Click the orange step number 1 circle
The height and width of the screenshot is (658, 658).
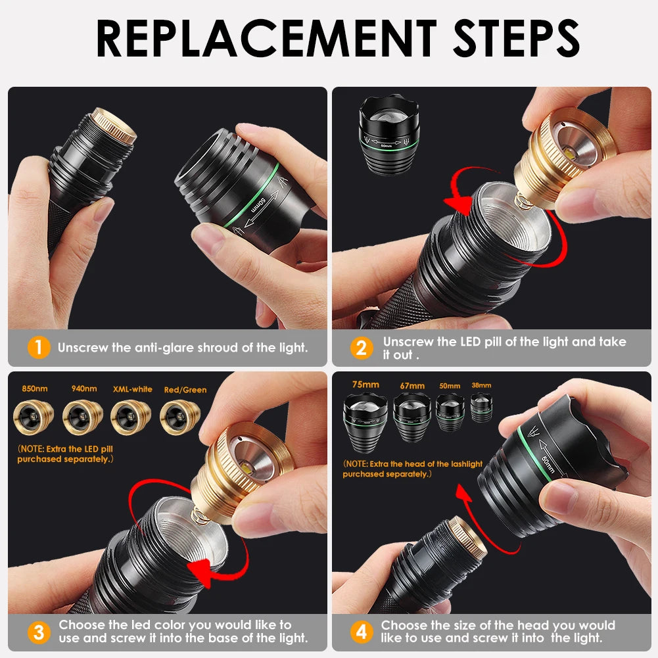pyautogui.click(x=39, y=348)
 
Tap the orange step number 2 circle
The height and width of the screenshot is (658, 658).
pyautogui.click(x=362, y=348)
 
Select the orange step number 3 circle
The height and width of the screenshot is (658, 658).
pyautogui.click(x=39, y=632)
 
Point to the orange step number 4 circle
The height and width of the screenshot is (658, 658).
pyautogui.click(x=362, y=632)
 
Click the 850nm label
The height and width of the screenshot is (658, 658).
pyautogui.click(x=35, y=388)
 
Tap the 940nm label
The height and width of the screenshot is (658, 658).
pyautogui.click(x=84, y=388)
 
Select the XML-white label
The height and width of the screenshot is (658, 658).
pyautogui.click(x=133, y=389)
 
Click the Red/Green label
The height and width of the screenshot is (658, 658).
pyautogui.click(x=185, y=390)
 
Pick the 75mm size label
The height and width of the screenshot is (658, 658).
pyautogui.click(x=365, y=385)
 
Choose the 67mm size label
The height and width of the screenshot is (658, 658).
pyautogui.click(x=412, y=386)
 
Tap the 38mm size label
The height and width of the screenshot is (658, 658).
pyautogui.click(x=481, y=385)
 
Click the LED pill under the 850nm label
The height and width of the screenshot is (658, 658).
pyautogui.click(x=34, y=417)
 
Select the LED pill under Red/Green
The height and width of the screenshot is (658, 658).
pyautogui.click(x=180, y=417)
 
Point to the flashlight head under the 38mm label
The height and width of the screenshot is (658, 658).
pyautogui.click(x=481, y=408)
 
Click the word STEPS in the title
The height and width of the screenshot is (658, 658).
pyautogui.click(x=516, y=38)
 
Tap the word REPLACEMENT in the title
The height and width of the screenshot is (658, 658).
pyautogui.click(x=266, y=38)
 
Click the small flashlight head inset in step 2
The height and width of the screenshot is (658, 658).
pyautogui.click(x=389, y=134)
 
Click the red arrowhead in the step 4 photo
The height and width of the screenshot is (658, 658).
pyautogui.click(x=463, y=492)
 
